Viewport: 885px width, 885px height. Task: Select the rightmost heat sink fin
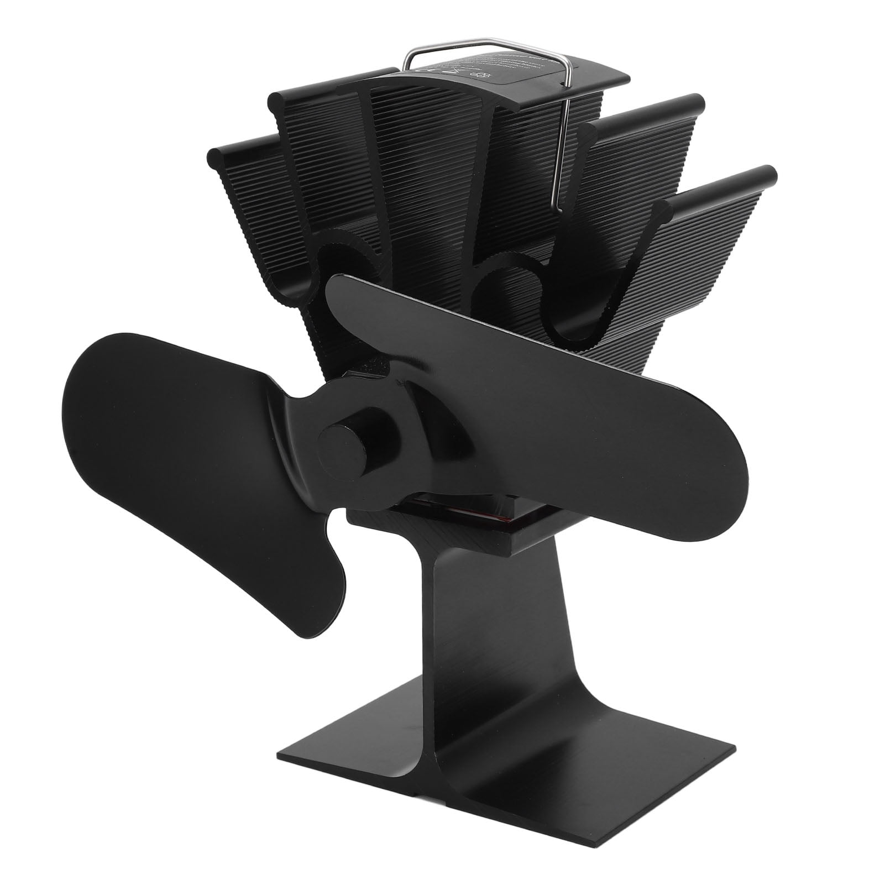click(713, 221)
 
